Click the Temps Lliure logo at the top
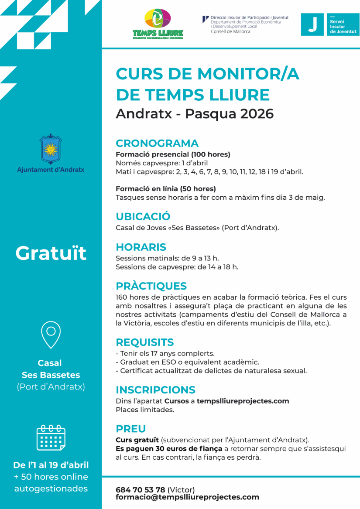tap(158, 24)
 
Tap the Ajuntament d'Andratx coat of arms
tap(51, 149)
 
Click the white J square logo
tap(312, 24)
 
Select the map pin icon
tap(51, 335)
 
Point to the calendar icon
tap(51, 437)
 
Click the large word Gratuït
tap(51, 253)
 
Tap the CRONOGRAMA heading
tap(157, 143)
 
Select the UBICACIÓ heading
tap(143, 216)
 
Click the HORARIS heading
tap(141, 247)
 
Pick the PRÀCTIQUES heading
tap(151, 286)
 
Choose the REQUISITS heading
tap(144, 342)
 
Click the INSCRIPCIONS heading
tap(155, 390)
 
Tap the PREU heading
tap(130, 429)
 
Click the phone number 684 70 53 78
tap(140, 490)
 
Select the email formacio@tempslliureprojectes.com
tap(187, 497)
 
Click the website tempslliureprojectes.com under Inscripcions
tap(243, 401)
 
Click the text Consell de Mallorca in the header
tap(230, 31)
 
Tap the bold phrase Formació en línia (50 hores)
tap(166, 189)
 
